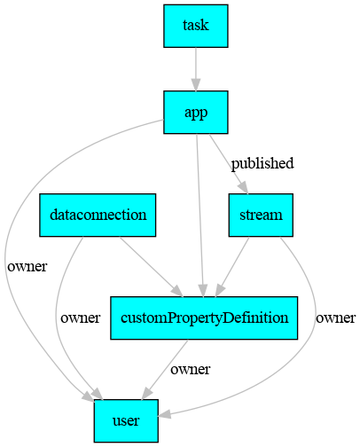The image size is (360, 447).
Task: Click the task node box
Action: point(196,26)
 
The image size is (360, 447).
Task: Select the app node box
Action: point(196,113)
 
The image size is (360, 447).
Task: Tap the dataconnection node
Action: point(98,215)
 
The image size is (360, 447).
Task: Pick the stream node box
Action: point(261,215)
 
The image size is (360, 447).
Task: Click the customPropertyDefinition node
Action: point(204,318)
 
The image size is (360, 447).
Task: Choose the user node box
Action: point(126,420)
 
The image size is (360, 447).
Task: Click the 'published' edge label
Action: point(262,163)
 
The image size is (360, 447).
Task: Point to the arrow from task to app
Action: point(196,69)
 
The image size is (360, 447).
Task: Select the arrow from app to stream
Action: point(228,164)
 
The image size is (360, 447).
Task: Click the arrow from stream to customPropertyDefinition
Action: point(232,267)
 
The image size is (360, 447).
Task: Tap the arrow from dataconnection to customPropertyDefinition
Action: point(152,267)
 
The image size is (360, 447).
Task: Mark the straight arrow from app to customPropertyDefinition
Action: point(200,216)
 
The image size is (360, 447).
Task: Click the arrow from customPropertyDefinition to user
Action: point(165,370)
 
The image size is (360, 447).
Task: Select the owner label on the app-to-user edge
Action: point(27,266)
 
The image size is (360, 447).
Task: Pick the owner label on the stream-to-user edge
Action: point(335,318)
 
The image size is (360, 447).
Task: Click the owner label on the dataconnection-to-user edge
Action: point(81,318)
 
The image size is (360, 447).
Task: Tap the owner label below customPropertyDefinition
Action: point(191,369)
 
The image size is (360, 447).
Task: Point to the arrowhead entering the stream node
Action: point(243,188)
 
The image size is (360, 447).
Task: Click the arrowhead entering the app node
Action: point(196,85)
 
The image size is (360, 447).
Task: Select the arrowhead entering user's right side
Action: point(164,414)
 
